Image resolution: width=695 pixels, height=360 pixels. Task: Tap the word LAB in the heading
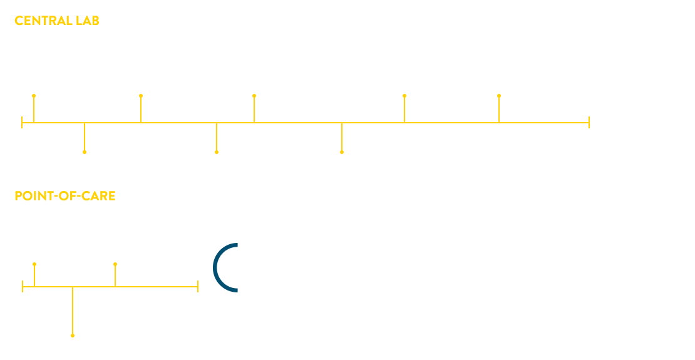tap(87, 21)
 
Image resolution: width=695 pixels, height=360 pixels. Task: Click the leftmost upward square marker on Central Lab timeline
tap(34, 96)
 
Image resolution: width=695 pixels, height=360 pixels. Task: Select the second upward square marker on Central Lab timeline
tap(141, 96)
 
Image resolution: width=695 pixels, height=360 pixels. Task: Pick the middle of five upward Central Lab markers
tap(254, 96)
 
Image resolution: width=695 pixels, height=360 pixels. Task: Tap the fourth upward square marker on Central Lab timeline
tap(404, 96)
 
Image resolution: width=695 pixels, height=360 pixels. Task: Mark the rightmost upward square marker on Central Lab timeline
tap(499, 96)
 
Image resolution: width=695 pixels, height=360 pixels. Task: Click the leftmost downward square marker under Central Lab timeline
tap(85, 152)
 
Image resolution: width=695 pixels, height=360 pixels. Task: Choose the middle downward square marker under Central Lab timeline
tap(217, 152)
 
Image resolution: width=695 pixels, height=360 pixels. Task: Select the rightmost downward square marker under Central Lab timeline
tap(342, 152)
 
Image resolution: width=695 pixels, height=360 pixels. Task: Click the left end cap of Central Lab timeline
tap(22, 122)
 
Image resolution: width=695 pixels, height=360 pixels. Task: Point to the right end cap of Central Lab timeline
tap(589, 122)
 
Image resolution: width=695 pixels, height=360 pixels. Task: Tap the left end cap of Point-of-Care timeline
tap(23, 287)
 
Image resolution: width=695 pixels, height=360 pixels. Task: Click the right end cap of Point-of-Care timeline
tap(198, 287)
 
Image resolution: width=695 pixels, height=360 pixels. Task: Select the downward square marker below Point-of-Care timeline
tap(73, 336)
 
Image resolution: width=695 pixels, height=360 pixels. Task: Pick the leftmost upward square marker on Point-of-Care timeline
tap(34, 264)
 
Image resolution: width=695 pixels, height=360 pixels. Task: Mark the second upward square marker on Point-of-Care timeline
tap(115, 264)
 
